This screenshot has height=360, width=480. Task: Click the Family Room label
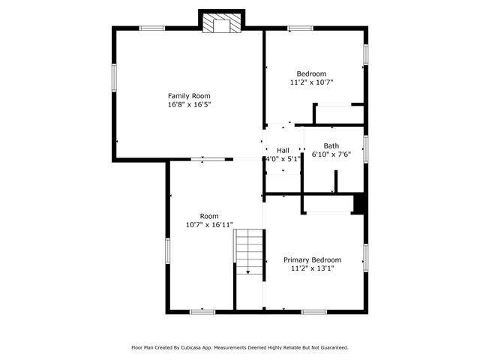(188, 96)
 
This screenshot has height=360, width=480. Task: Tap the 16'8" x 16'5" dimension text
(188, 105)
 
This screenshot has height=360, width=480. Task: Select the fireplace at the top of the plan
(221, 24)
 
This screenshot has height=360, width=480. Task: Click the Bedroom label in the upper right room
(311, 74)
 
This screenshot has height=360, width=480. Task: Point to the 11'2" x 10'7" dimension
(311, 83)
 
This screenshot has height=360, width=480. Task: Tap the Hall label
(283, 151)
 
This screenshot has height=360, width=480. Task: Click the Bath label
(331, 145)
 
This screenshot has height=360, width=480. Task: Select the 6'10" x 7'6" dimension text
(331, 154)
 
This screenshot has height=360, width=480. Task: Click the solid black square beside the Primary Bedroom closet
(359, 205)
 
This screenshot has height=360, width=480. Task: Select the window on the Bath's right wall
(365, 148)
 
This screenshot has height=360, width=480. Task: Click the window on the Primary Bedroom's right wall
(365, 256)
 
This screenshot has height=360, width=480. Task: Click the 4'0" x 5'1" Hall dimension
(283, 160)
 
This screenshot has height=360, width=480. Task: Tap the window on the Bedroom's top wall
(301, 28)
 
